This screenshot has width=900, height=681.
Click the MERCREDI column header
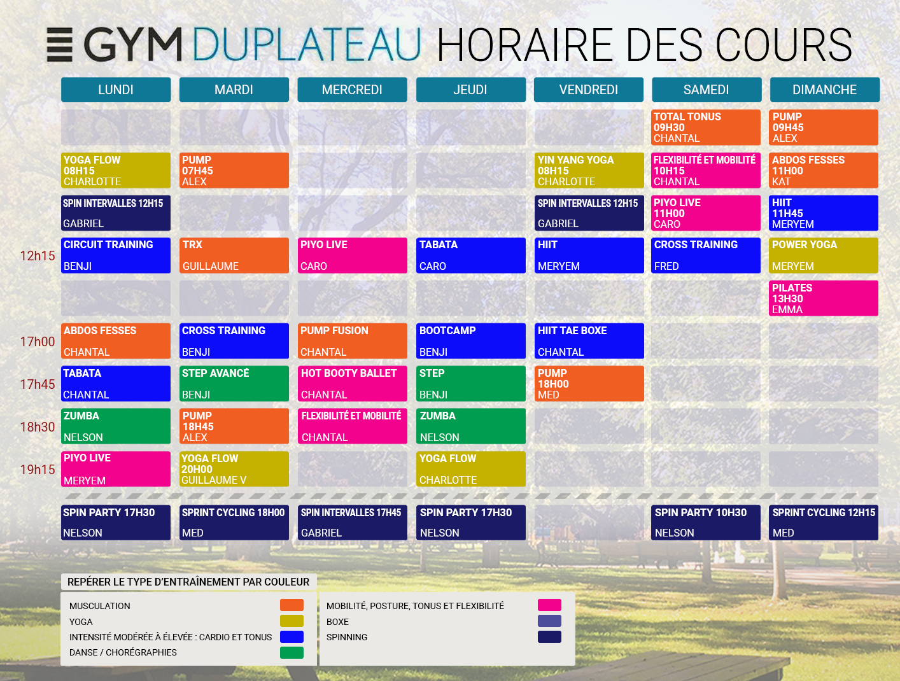tap(352, 90)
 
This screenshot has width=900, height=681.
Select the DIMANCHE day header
tap(824, 90)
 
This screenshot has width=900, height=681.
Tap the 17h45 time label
tap(38, 384)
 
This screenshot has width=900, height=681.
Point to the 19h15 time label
tap(38, 470)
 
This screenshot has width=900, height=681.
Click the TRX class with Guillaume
tap(234, 255)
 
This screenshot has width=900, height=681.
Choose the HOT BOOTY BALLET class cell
tap(352, 384)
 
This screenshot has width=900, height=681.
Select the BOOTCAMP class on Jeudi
tap(470, 341)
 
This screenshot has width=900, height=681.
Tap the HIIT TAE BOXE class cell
tap(589, 341)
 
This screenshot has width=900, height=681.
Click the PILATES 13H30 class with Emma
tap(824, 298)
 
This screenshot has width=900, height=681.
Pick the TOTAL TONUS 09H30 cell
tap(706, 127)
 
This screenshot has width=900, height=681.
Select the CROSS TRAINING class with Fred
tap(706, 255)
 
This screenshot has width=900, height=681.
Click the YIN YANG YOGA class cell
tap(589, 171)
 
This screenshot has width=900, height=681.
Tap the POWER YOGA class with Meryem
tap(824, 255)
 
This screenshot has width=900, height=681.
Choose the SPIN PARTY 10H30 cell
tap(706, 523)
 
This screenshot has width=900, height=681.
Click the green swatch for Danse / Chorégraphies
tap(292, 652)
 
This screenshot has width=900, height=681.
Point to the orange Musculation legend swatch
tap(292, 605)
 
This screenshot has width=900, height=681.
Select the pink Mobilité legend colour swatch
tap(549, 605)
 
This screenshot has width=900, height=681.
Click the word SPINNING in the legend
tap(347, 637)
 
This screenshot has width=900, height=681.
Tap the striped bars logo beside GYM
tap(60, 45)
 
